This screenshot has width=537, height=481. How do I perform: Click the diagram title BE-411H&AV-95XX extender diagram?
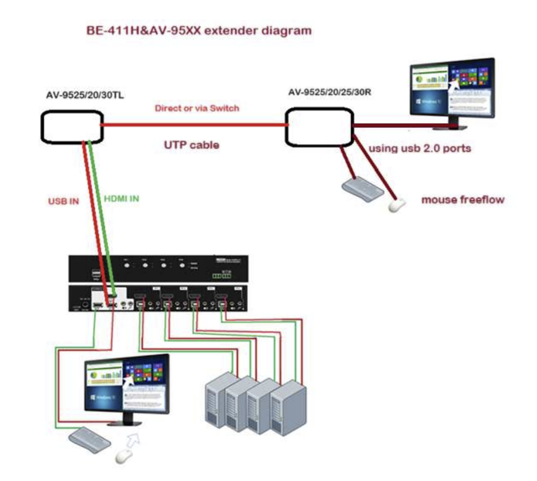tap(198, 31)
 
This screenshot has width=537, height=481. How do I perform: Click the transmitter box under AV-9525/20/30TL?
tap(72, 126)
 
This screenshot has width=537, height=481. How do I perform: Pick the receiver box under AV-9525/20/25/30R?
tap(319, 127)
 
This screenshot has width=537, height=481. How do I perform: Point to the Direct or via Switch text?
tap(196, 108)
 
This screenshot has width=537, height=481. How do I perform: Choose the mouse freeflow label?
tap(463, 199)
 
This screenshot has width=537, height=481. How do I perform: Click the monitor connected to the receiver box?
tap(453, 91)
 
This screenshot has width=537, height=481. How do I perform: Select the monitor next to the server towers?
tap(127, 387)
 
